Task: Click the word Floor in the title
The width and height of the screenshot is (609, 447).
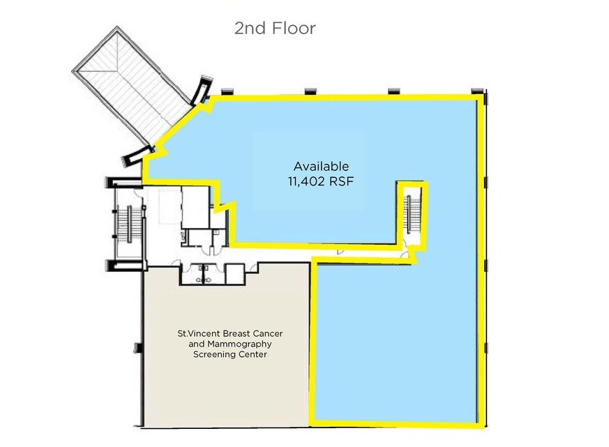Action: (x=294, y=29)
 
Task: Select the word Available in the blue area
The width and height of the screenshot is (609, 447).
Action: (x=321, y=166)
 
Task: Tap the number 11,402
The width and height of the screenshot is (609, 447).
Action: (x=306, y=181)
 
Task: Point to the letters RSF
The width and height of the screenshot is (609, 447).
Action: (x=341, y=181)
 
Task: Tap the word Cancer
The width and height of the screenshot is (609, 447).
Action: (x=268, y=333)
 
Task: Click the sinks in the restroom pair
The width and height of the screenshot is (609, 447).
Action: (x=203, y=274)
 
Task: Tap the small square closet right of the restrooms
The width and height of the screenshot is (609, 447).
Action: (x=234, y=274)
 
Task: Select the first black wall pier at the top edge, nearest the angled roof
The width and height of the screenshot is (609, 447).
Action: (x=227, y=92)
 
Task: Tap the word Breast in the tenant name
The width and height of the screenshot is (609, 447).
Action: (x=236, y=333)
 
